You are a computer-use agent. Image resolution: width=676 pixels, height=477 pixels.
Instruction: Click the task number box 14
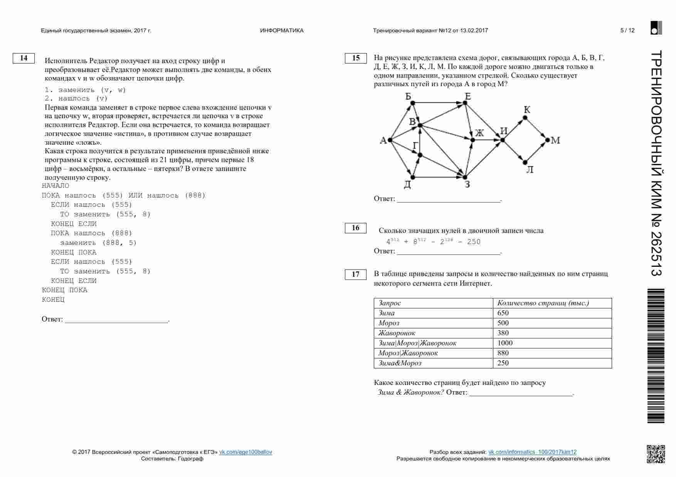point(24,58)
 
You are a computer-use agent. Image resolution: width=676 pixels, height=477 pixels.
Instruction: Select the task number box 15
point(356,58)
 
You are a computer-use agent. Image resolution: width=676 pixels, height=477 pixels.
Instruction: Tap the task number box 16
point(356,228)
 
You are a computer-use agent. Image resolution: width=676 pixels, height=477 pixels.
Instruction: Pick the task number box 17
point(356,274)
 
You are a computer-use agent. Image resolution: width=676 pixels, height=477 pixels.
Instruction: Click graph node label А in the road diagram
point(383,140)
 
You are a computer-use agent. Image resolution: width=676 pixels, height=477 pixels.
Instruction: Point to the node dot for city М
point(547,140)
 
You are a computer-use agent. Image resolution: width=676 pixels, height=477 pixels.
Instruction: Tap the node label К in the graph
point(527,109)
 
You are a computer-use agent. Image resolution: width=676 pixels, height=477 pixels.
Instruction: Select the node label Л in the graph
point(530,170)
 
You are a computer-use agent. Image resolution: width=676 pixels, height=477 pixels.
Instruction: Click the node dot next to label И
point(503,140)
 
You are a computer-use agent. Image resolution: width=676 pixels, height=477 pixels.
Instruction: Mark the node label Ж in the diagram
point(479,133)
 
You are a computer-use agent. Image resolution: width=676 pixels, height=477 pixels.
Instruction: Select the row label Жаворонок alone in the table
point(397,333)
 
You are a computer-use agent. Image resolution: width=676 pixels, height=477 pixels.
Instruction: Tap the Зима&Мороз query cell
point(400,363)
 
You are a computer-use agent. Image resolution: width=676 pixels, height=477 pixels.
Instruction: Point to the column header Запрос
point(390,303)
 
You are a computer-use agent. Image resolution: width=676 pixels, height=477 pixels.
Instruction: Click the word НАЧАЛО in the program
point(55,186)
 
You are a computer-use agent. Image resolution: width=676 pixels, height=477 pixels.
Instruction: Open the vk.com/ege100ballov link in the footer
point(246,452)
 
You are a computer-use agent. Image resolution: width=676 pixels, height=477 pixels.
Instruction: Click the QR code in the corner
point(656,454)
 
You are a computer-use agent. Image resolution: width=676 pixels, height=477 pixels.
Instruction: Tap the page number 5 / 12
point(627,30)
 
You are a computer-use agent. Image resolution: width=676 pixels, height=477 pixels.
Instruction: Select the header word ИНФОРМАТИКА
point(282,30)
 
